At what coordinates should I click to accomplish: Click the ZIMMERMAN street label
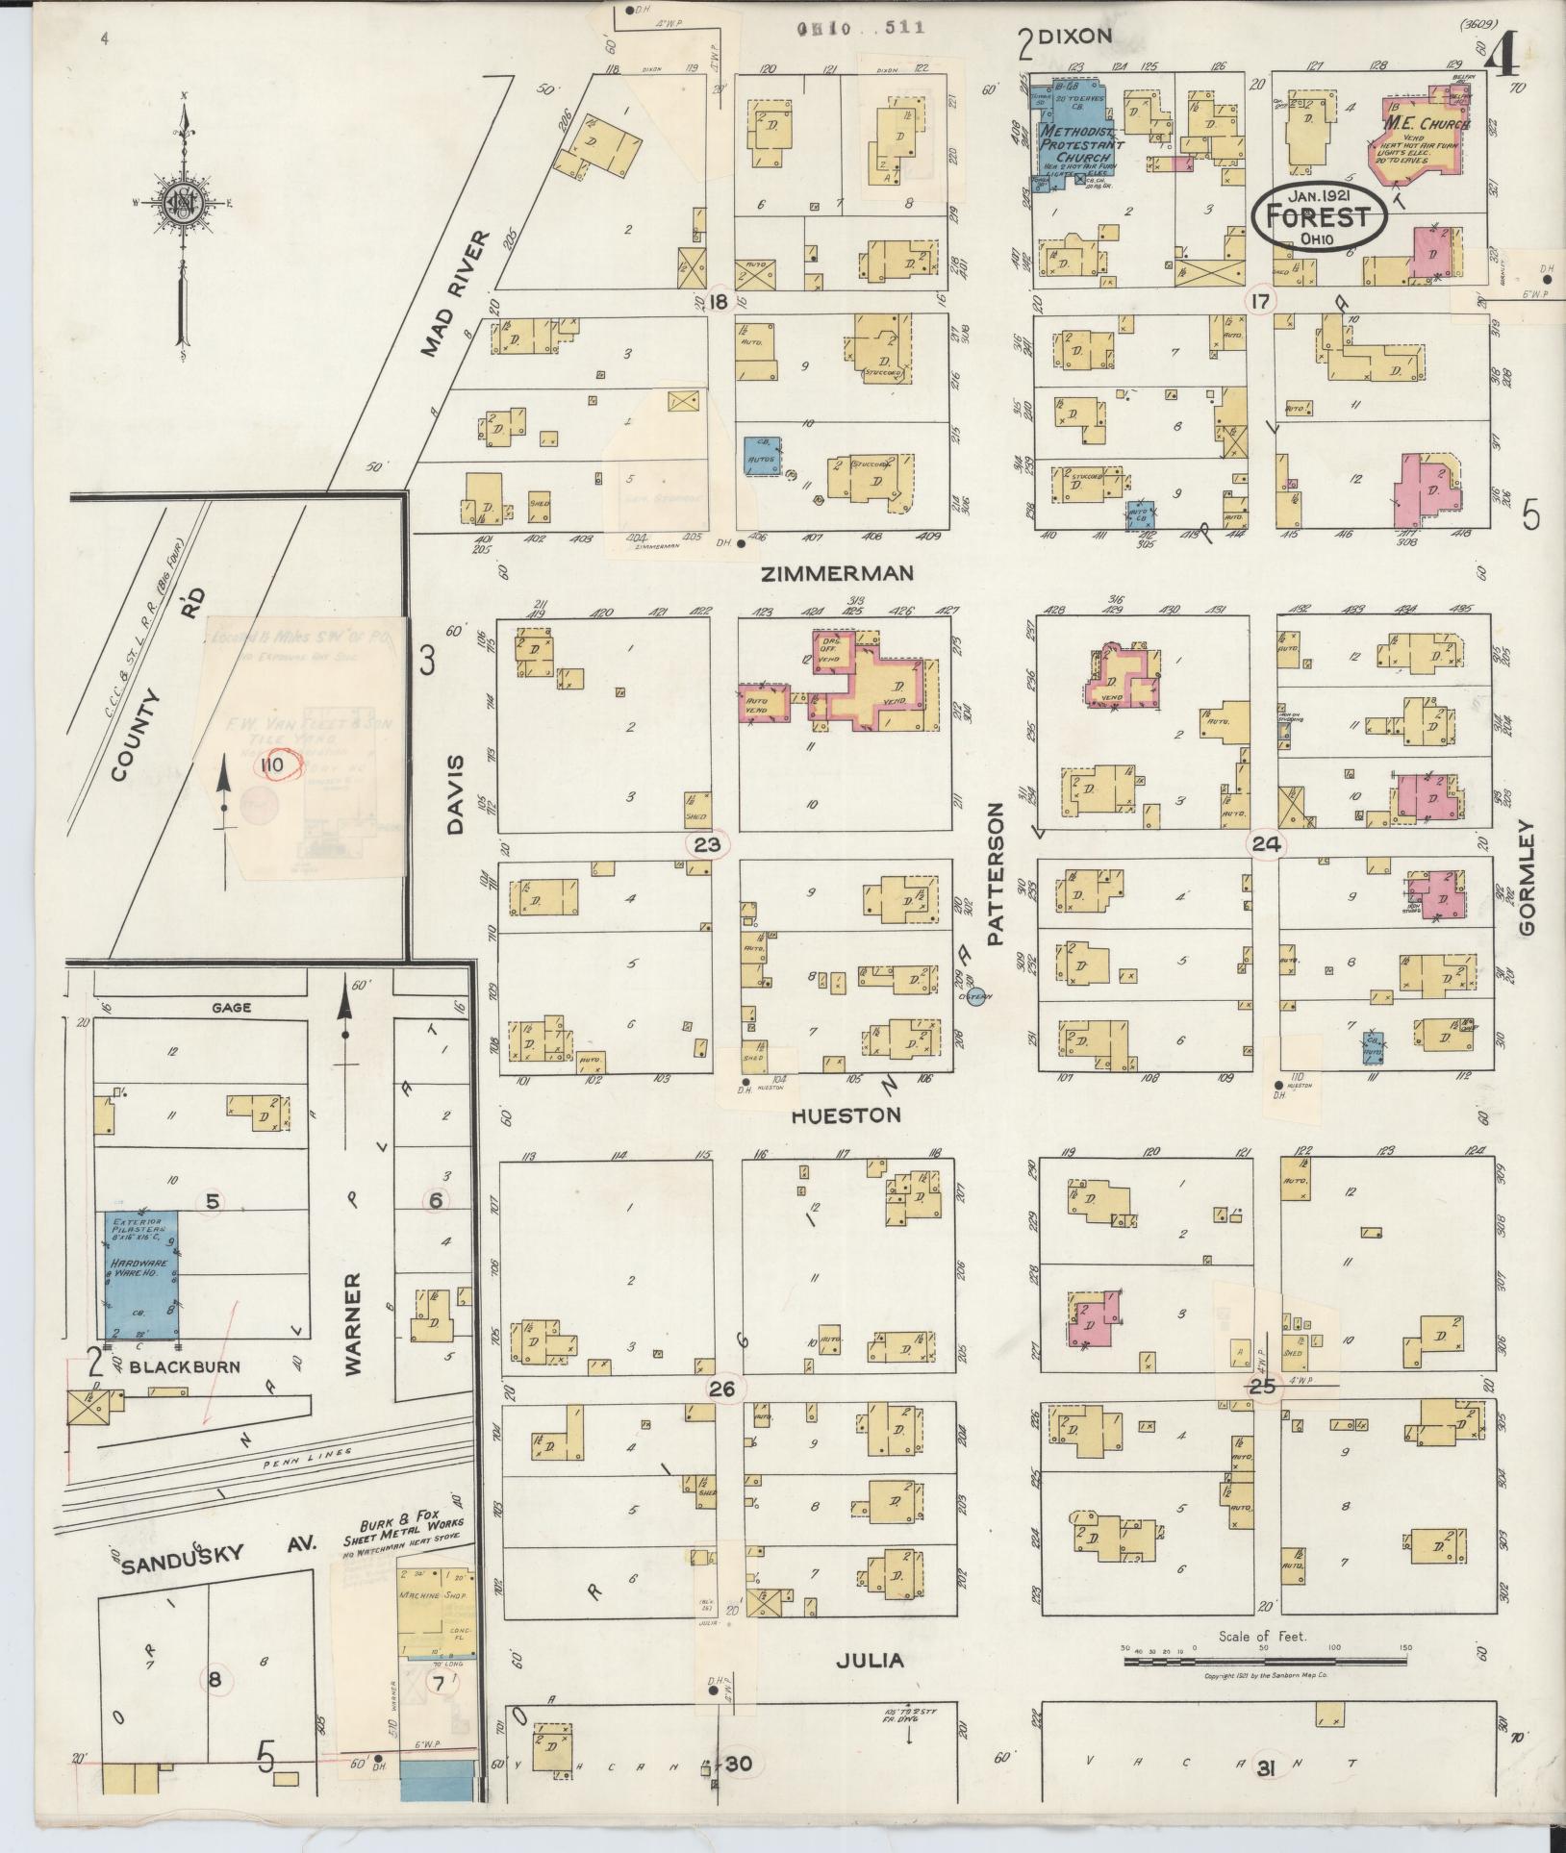pyautogui.click(x=837, y=574)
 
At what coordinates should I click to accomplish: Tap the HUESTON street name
pyautogui.click(x=846, y=1115)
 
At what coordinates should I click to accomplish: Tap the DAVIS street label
pyautogui.click(x=455, y=793)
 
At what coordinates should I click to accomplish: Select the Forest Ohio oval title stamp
pyautogui.click(x=1318, y=215)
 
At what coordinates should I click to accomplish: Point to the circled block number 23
pyautogui.click(x=707, y=844)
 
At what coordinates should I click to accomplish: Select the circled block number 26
pyautogui.click(x=721, y=1389)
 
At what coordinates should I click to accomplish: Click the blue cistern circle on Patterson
pyautogui.click(x=975, y=996)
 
